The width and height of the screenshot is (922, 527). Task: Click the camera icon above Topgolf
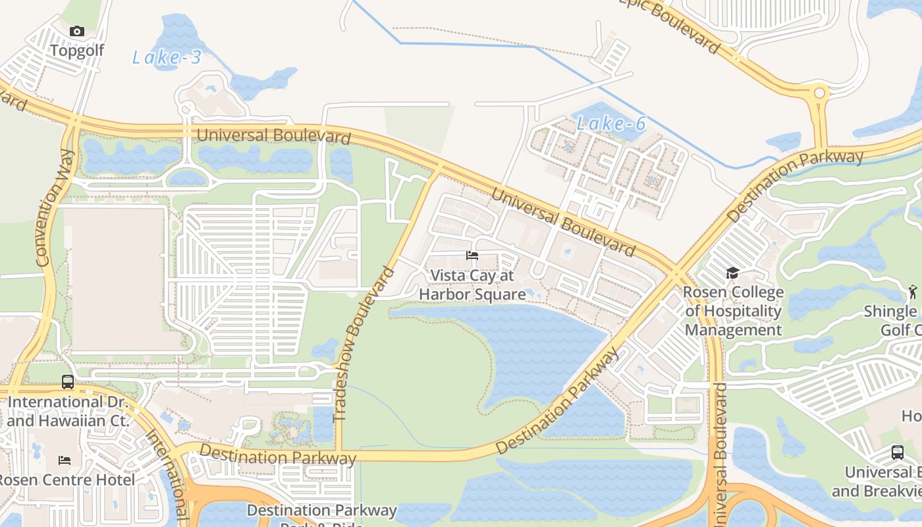77,31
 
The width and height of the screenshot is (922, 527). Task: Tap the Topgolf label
77,50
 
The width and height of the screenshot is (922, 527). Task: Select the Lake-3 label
167,58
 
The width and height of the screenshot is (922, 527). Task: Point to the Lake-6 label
611,123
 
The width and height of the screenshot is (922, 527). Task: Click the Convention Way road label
55,208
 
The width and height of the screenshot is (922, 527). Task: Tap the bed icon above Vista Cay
472,256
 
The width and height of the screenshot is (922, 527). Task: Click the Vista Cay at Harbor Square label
472,285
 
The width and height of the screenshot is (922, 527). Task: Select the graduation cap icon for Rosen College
732,273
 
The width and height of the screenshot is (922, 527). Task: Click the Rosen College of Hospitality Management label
733,311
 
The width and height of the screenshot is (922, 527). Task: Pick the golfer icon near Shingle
912,291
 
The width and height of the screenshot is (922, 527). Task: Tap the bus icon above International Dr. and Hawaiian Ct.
68,382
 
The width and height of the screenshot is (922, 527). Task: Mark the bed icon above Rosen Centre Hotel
65,460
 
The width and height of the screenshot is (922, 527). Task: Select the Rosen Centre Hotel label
67,480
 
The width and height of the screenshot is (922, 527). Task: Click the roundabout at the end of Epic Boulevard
820,94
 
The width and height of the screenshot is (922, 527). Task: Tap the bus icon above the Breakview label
897,453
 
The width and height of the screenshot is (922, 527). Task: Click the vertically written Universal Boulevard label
721,455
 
